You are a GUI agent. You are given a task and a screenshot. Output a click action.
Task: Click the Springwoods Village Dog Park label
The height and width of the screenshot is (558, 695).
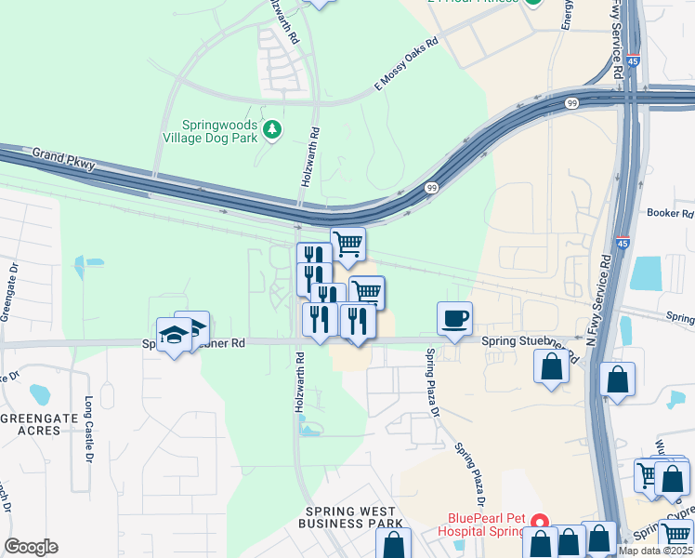click(x=211, y=130)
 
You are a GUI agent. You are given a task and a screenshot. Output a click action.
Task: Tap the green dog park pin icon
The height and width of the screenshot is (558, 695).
click(x=272, y=129)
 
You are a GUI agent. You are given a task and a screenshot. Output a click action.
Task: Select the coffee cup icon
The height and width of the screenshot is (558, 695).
click(x=454, y=318)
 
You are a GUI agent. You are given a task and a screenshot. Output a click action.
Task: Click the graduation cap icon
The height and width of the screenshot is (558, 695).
click(x=174, y=334)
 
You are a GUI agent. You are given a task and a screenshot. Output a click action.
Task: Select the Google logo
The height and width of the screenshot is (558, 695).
click(x=31, y=547)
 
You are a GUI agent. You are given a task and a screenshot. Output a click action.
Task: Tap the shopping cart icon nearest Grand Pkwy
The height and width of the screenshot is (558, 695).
click(x=347, y=244)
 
